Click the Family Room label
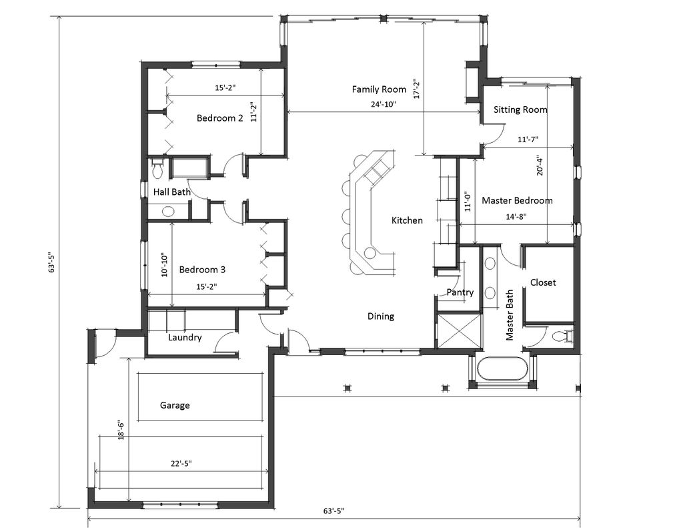tap(379, 89)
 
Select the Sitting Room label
tap(520, 109)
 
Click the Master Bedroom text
tap(517, 200)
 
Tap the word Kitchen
tap(407, 220)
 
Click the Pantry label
tap(460, 292)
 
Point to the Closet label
tap(543, 282)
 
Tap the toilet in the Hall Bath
tap(157, 170)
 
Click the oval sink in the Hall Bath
tap(167, 212)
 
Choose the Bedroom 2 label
tap(219, 118)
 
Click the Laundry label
tap(185, 337)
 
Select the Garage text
tap(175, 405)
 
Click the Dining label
tap(381, 316)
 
